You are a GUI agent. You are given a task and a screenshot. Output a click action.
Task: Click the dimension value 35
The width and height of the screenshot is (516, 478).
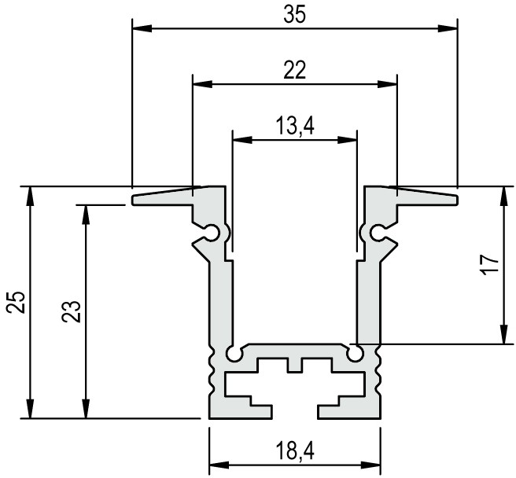294,15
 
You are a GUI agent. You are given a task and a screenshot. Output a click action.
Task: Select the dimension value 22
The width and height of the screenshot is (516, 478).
294,70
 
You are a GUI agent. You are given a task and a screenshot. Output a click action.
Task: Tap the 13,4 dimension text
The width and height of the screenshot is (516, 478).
294,126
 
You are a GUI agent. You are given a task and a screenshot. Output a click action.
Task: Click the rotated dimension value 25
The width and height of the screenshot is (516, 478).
17,302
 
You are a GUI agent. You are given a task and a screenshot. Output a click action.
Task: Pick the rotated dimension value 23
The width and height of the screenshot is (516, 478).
72,311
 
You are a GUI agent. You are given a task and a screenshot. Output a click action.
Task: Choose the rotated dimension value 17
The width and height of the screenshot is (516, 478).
490,264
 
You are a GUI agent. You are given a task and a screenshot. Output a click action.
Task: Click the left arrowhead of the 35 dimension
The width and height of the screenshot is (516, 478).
142,28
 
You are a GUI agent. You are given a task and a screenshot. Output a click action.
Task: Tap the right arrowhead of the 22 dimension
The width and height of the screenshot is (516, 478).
387,84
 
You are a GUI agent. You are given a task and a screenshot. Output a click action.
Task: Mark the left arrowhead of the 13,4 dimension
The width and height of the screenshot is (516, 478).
242,140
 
